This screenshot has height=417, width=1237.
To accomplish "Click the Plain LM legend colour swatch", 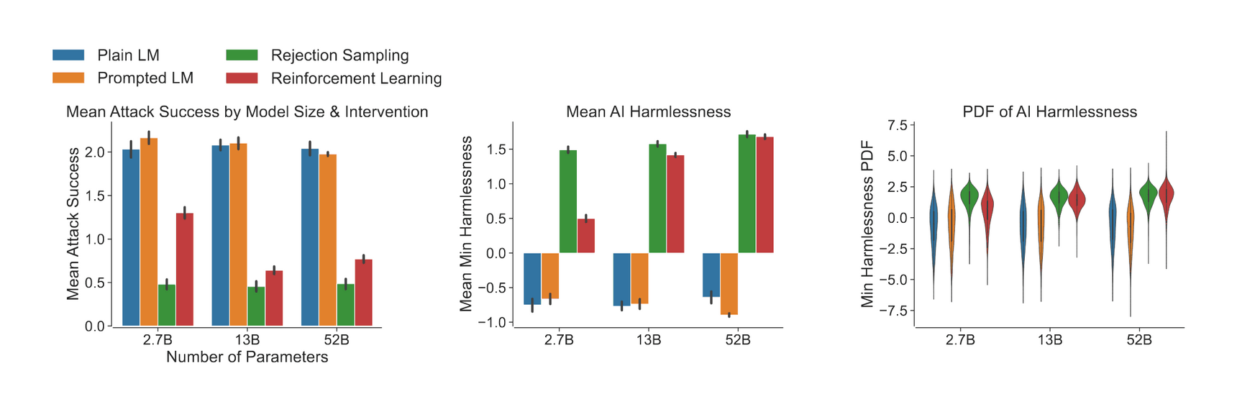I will pyautogui.click(x=68, y=55).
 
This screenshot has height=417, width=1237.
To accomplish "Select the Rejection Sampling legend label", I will pyautogui.click(x=339, y=55).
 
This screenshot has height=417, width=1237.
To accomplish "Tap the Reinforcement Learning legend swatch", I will pyautogui.click(x=242, y=78).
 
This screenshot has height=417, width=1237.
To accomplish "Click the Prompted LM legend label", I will pyautogui.click(x=145, y=78).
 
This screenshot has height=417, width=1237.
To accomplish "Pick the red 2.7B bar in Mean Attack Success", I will pyautogui.click(x=185, y=270).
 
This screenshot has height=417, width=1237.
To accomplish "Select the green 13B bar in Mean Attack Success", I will pyautogui.click(x=256, y=306).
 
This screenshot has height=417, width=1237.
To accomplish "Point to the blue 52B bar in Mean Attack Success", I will pyautogui.click(x=310, y=237).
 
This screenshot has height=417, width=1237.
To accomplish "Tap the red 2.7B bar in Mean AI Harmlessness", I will pyautogui.click(x=586, y=236).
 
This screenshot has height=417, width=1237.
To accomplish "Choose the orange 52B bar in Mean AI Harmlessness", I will pyautogui.click(x=729, y=283).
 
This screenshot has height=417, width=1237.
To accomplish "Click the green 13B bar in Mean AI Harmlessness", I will pyautogui.click(x=657, y=198).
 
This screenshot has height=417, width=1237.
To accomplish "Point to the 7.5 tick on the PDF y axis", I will pyautogui.click(x=897, y=125).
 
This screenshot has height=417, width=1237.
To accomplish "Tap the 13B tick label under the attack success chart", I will pyautogui.click(x=247, y=340).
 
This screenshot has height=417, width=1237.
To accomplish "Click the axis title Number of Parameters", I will pyautogui.click(x=247, y=357).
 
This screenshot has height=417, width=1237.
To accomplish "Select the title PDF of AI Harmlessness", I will pyautogui.click(x=1049, y=112).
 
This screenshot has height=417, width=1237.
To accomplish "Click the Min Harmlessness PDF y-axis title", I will pyautogui.click(x=867, y=224).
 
